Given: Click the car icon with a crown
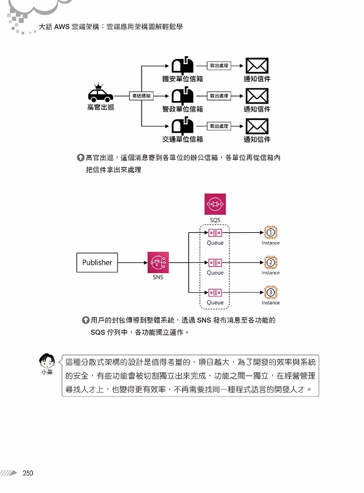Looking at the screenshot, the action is pos(101,92).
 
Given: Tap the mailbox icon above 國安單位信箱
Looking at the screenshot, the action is pos(182,65).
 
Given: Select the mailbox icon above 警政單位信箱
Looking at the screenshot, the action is pos(182,96).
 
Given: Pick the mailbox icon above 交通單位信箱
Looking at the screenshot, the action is pos(182,125).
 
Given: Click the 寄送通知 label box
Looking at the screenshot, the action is pos(142,96).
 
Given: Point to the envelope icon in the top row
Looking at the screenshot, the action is pos(257,66).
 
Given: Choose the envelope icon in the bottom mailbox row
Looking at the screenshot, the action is pos(257,126).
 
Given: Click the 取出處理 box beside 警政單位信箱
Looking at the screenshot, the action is pos(219,96).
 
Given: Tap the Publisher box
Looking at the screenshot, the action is pos(97,262).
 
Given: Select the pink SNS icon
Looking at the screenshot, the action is pos(158,262).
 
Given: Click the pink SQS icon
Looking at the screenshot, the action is pos(215,204).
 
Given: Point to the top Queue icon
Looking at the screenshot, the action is pos(215,233).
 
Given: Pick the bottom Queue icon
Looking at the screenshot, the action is pos(215,293).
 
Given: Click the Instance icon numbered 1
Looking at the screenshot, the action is pos(271,233).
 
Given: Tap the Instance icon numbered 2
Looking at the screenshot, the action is pos(271,262).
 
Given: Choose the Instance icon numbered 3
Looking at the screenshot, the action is pos(271,292).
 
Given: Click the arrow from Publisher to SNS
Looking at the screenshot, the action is pos(132,262).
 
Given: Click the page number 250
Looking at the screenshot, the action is pos(28,473).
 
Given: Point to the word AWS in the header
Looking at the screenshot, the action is pos(62,27).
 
